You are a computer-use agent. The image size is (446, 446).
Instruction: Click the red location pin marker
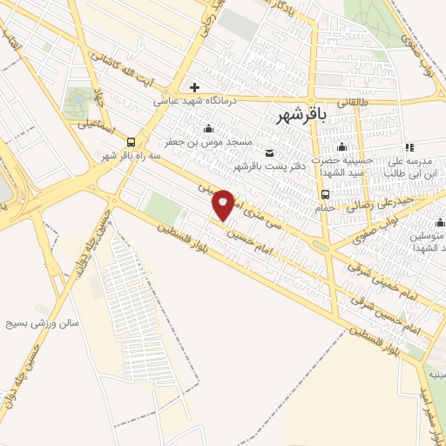(224, 205)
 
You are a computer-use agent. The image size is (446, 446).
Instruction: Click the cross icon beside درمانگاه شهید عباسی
(194, 87)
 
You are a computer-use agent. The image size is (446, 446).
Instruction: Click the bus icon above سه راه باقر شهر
(130, 142)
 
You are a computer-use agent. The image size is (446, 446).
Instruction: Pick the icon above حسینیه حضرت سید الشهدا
(342, 146)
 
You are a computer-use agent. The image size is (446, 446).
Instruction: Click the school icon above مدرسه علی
(409, 147)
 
